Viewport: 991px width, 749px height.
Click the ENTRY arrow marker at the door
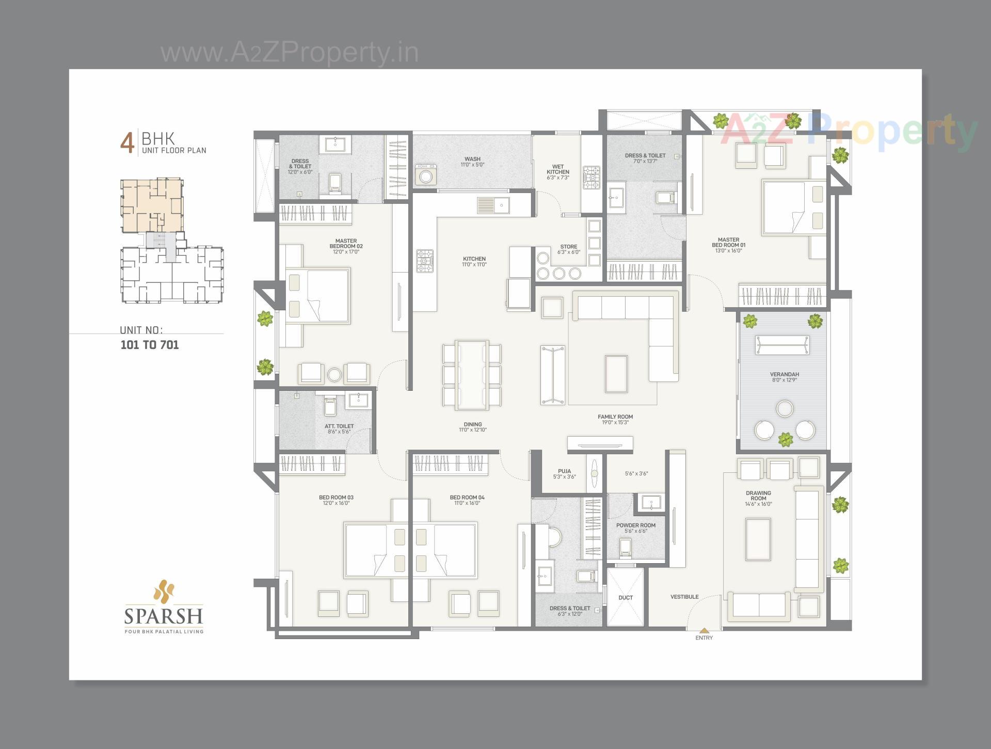pyautogui.click(x=704, y=630)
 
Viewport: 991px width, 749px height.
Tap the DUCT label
pyautogui.click(x=626, y=598)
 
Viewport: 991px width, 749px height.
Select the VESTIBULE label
pyautogui.click(x=684, y=597)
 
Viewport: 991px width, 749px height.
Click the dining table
pyautogui.click(x=472, y=375)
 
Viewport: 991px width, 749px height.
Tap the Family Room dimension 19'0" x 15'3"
pyautogui.click(x=615, y=423)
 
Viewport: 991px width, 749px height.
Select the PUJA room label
pyautogui.click(x=564, y=471)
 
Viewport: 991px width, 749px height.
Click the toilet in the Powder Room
pyautogui.click(x=625, y=547)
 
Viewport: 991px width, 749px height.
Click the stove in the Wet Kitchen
pyautogui.click(x=592, y=178)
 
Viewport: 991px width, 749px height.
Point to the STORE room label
pyautogui.click(x=569, y=247)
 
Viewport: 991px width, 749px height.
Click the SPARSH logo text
pyautogui.click(x=164, y=616)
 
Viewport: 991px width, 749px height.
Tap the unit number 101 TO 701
pyautogui.click(x=150, y=345)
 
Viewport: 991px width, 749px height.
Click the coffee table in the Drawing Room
pyautogui.click(x=758, y=539)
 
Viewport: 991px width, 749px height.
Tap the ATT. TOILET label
pyautogui.click(x=339, y=426)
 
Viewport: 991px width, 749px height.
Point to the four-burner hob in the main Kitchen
pyautogui.click(x=425, y=261)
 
